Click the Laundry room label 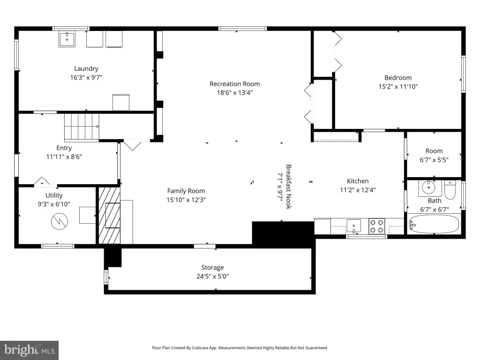coord(86,68)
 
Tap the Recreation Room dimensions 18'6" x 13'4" coord(235,92)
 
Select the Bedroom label coord(398,78)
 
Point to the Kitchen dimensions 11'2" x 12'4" coord(358,190)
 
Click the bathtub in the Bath coord(434,225)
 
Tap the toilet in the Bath coord(450,189)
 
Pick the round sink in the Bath coord(428,187)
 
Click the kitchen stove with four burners coord(377,226)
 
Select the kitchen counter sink coord(353,226)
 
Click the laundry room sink coord(67,39)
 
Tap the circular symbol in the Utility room coord(60,222)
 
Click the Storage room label coord(212,268)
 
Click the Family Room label coord(186,191)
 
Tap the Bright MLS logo coord(30,350)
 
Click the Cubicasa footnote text coord(240,348)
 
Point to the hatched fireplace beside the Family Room coord(109,216)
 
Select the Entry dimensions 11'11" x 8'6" coord(64,157)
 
